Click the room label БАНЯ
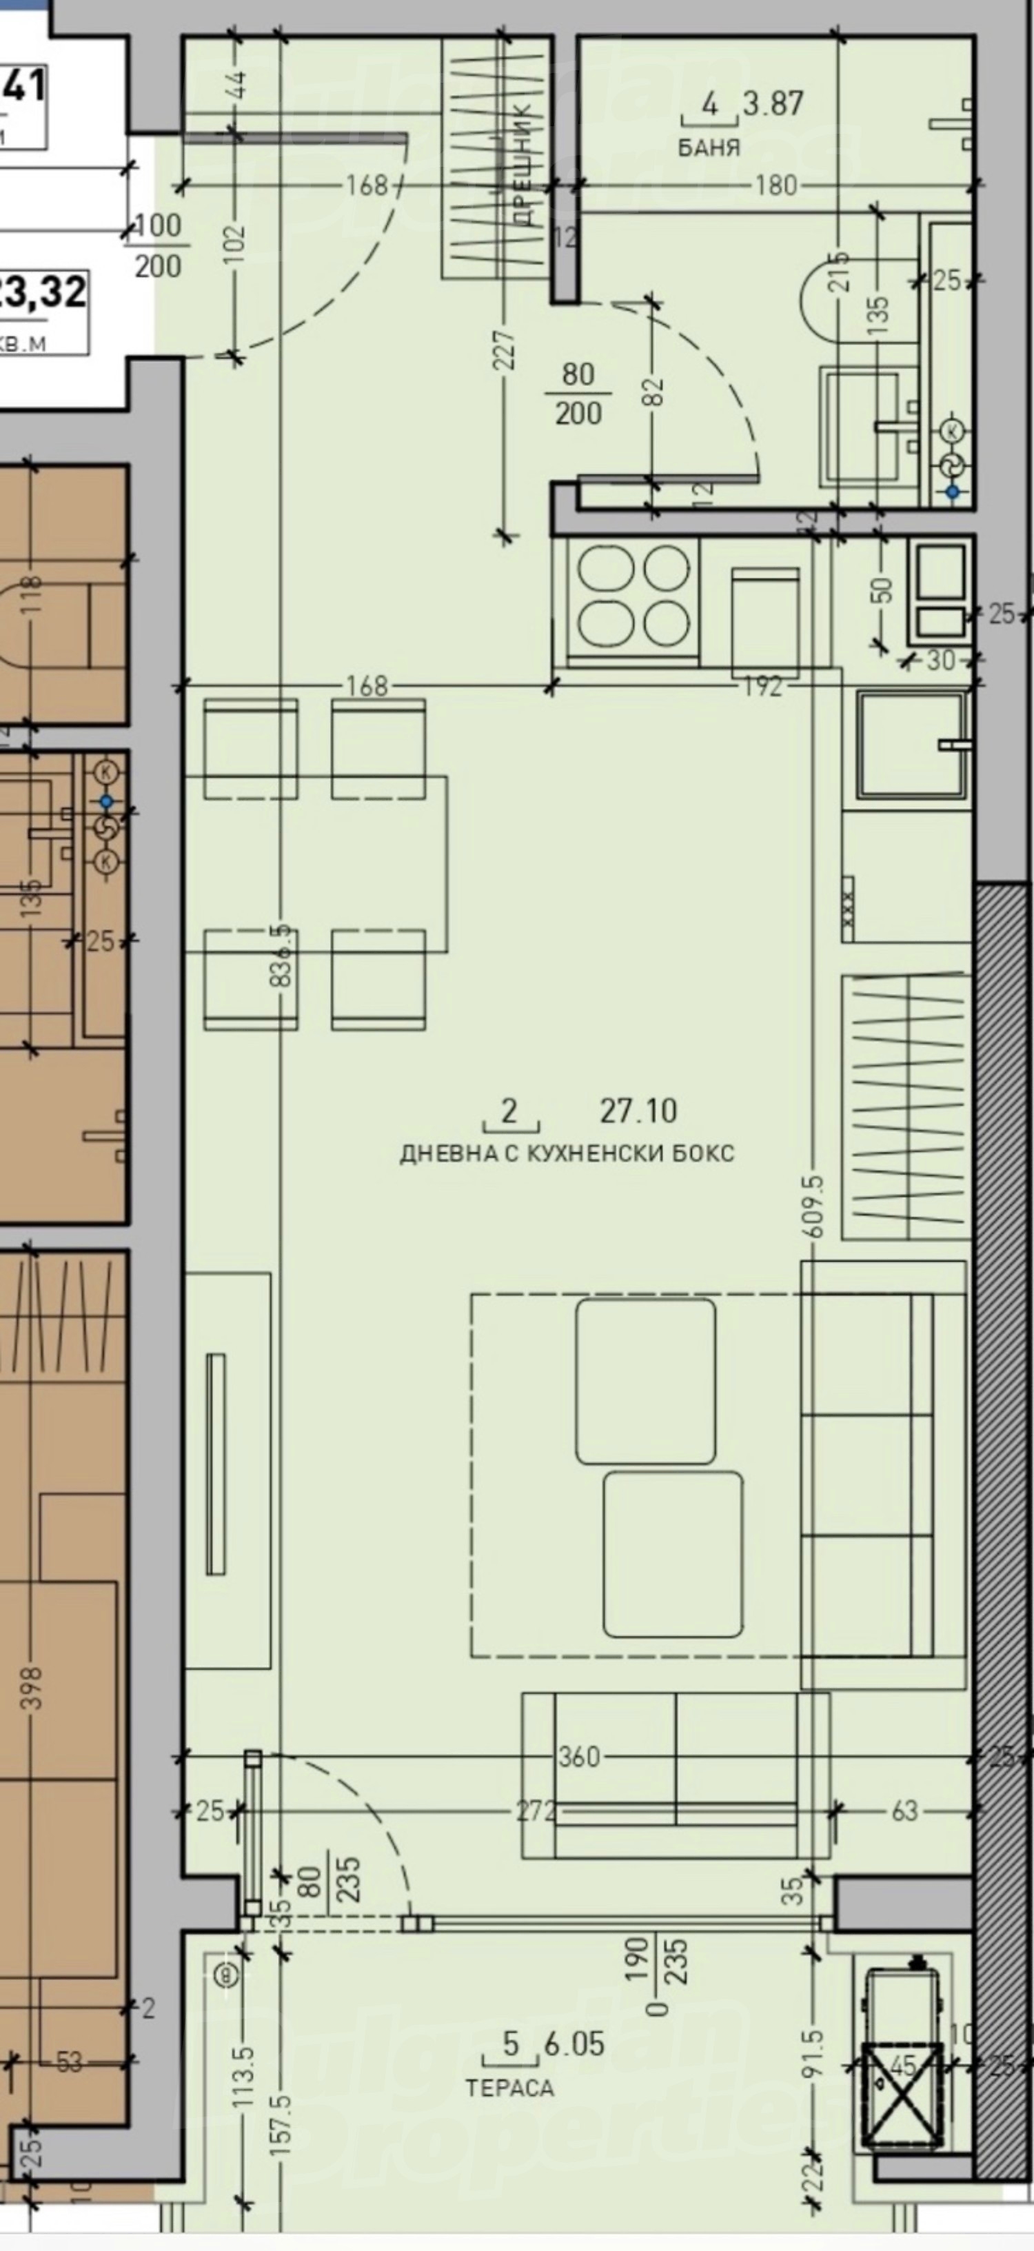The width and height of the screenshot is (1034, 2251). tap(709, 147)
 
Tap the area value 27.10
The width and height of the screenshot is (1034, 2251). tap(638, 1111)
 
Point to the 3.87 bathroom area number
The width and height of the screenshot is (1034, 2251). tap(772, 104)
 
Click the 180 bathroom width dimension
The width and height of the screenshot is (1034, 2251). tap(776, 185)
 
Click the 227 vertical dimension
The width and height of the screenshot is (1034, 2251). tap(505, 350)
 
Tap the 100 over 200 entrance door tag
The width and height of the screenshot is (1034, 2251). tap(159, 245)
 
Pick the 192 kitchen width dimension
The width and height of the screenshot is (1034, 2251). tap(762, 687)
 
